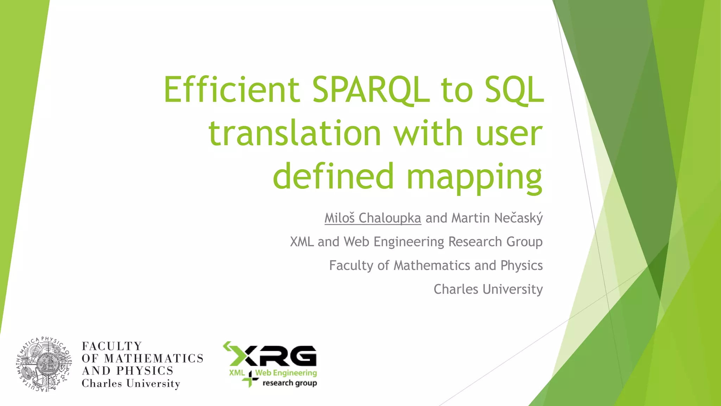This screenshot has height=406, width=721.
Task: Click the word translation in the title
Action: (x=295, y=133)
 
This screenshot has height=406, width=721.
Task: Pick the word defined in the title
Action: (x=333, y=176)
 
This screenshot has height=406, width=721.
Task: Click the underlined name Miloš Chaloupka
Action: (x=372, y=218)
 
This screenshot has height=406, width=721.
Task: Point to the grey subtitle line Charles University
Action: (x=488, y=289)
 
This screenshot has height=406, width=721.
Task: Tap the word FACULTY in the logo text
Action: (x=112, y=346)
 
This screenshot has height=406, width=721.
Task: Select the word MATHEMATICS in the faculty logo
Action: (x=154, y=358)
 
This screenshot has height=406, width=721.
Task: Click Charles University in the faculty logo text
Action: (x=131, y=383)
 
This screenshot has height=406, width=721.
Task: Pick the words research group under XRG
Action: (x=289, y=383)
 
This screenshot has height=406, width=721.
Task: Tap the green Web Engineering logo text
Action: (x=286, y=373)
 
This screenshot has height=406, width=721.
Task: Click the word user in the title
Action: (x=509, y=133)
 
